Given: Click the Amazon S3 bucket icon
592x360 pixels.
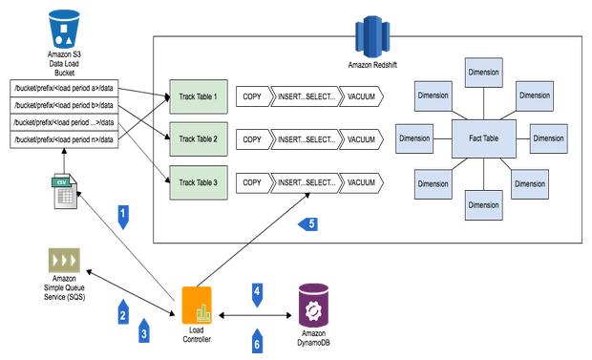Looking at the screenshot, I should coord(65,28).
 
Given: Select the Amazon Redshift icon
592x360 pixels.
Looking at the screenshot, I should coord(368,37).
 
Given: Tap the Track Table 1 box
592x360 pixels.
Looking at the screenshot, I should coord(198,96).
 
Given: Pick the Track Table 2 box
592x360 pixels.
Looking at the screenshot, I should coord(198,139).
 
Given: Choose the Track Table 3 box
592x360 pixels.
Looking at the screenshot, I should coord(198,181).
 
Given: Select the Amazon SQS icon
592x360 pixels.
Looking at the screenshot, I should coord(64,262).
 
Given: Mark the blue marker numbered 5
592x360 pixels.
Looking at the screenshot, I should coord(307,225).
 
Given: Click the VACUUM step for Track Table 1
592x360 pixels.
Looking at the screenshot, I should coord(361,96).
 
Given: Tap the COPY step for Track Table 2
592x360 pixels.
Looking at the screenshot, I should coord(252,139).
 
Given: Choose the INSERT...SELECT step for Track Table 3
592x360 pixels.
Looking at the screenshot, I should coord(306,181).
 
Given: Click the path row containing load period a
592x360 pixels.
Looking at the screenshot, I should coord(64,89).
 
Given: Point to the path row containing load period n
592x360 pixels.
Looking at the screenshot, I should coord(64,140).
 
